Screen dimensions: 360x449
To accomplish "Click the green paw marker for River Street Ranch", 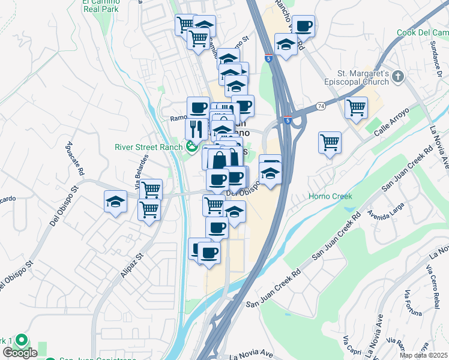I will [x=192, y=146].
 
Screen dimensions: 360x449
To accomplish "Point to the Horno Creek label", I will [x=330, y=196].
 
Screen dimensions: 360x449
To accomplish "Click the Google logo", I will [x=20, y=353].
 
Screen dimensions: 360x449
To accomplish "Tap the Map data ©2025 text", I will [x=423, y=355].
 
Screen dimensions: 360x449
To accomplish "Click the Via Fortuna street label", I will [x=414, y=304].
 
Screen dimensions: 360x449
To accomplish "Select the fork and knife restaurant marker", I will [x=196, y=128].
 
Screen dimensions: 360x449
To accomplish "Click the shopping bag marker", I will [x=218, y=159].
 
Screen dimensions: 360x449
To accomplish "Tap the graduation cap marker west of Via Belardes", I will [x=115, y=202].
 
